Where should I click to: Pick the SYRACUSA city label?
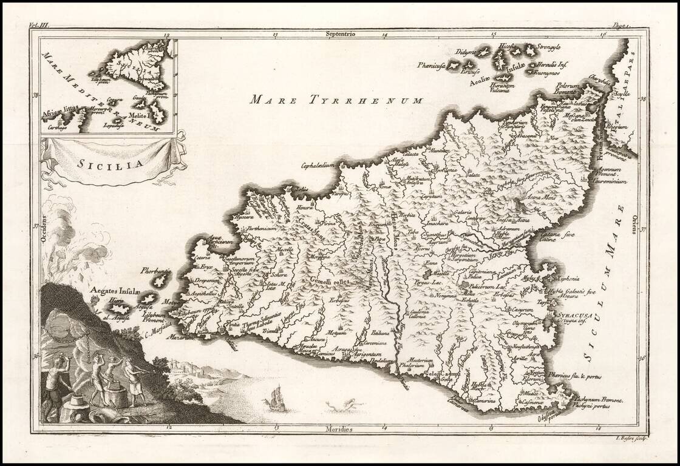574,317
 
